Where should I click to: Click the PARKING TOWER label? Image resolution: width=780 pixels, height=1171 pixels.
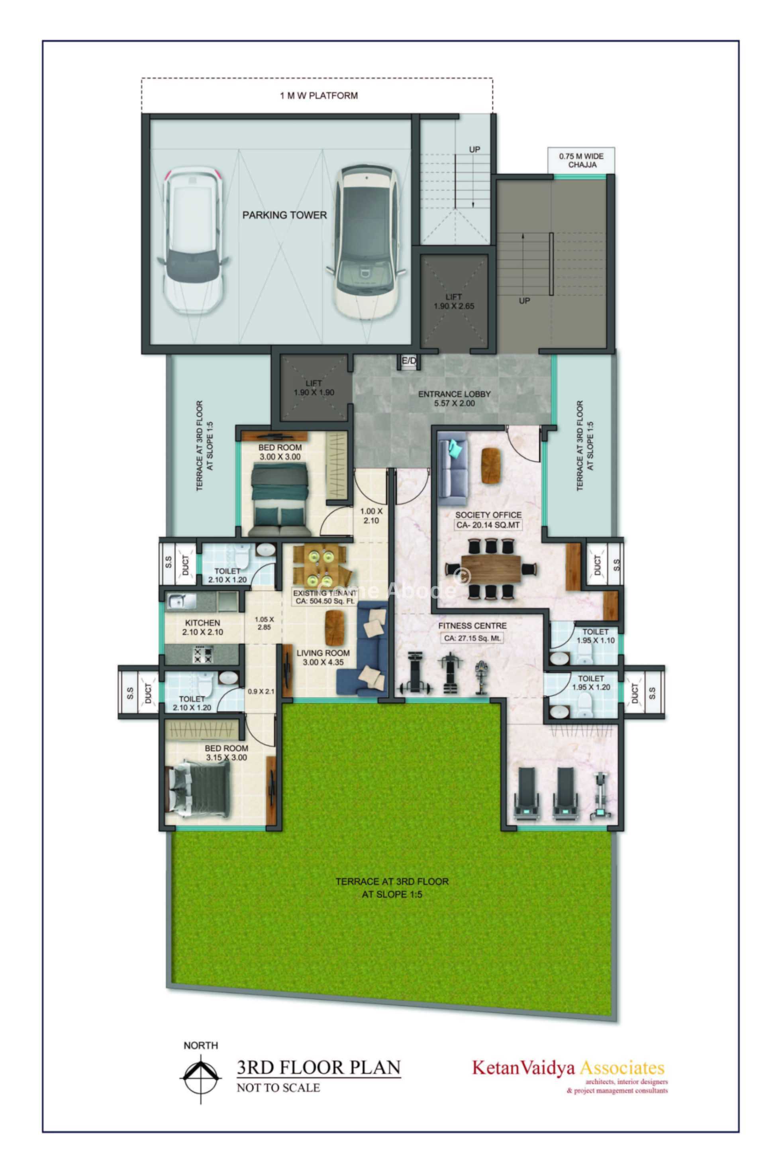(284, 215)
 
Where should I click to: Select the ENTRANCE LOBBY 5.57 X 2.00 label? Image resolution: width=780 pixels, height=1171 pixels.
(454, 398)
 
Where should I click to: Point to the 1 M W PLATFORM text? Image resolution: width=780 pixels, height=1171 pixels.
(319, 96)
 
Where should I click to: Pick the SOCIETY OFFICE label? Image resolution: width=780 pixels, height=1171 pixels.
(488, 515)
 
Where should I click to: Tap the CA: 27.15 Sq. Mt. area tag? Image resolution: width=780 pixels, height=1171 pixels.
(472, 638)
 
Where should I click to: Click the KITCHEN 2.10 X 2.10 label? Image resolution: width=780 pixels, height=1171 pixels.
(202, 627)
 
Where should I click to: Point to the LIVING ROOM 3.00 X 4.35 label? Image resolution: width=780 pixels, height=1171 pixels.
(323, 658)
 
